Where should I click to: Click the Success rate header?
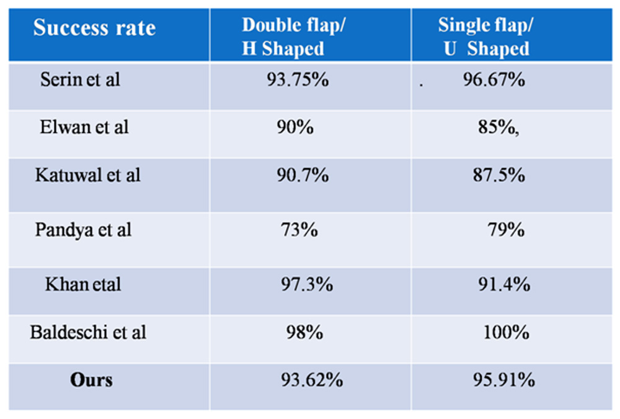click(94, 28)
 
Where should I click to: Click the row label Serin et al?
click(80, 80)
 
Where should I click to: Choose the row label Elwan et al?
click(84, 127)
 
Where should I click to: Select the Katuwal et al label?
click(87, 175)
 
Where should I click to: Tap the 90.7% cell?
click(302, 175)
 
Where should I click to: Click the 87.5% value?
click(498, 175)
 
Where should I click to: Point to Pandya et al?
click(83, 230)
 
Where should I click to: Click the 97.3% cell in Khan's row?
click(307, 284)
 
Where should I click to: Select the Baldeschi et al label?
click(88, 332)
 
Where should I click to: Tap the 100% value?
click(506, 332)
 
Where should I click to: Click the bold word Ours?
click(91, 380)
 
